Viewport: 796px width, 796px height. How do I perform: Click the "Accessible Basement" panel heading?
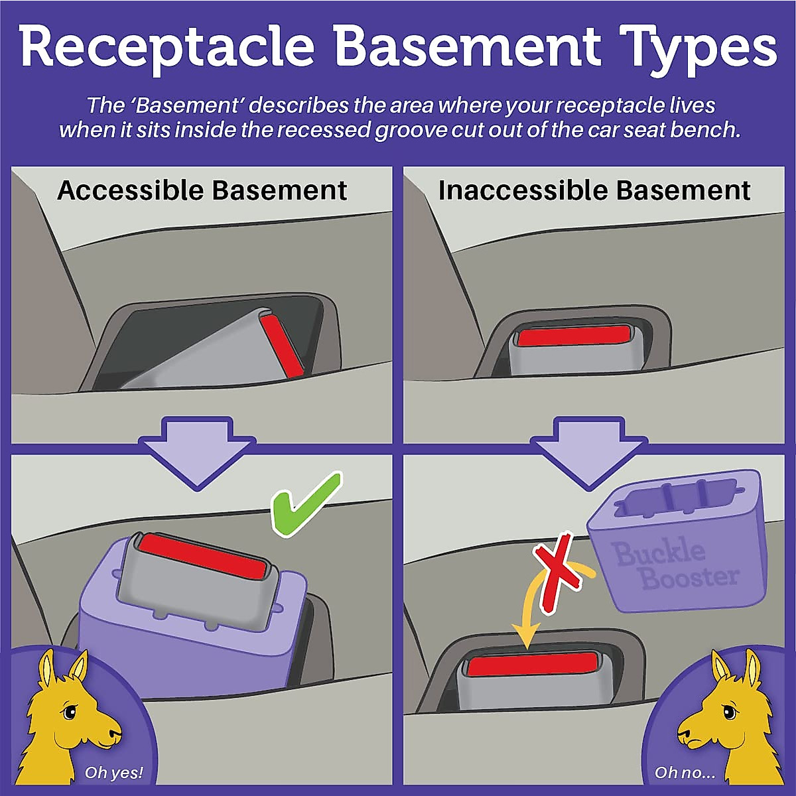click(x=202, y=191)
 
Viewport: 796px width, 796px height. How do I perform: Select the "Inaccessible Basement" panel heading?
click(x=594, y=191)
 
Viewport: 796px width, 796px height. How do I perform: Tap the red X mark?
click(x=559, y=570)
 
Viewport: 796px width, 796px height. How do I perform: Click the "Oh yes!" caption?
click(x=113, y=773)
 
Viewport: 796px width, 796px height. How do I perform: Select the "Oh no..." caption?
click(x=685, y=773)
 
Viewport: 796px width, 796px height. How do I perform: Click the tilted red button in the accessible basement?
click(x=281, y=345)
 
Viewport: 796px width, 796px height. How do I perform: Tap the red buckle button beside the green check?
click(x=202, y=554)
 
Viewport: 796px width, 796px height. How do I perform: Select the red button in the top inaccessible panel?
click(x=574, y=336)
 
